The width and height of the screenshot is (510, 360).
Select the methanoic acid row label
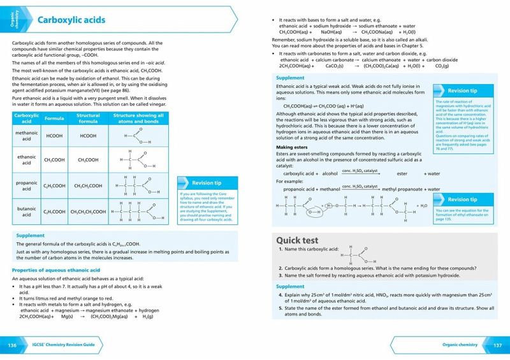coord(27,136)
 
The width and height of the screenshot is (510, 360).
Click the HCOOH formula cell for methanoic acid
coord(54,136)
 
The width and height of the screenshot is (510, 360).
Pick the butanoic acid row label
coord(27,211)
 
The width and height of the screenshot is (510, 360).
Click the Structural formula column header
coord(88,119)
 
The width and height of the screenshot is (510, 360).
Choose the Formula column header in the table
coord(54,119)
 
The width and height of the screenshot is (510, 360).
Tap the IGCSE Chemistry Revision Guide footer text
coord(64,345)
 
